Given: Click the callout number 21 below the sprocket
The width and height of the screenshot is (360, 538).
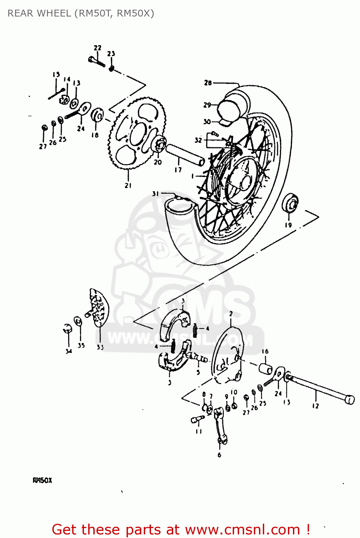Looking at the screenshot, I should click(x=128, y=185).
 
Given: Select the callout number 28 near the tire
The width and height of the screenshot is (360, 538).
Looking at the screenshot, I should click(x=208, y=83).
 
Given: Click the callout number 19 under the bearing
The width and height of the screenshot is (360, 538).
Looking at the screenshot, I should click(x=288, y=225).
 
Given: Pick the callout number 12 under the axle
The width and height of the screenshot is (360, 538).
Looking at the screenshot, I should click(x=315, y=406).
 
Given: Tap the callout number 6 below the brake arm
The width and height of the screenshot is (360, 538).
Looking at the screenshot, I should click(x=219, y=455).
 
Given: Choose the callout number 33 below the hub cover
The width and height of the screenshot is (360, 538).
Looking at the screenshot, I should click(x=100, y=347).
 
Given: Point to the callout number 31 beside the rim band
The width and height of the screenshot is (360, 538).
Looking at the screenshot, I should click(x=155, y=194).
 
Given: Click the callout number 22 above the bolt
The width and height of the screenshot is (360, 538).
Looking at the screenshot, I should click(x=98, y=48).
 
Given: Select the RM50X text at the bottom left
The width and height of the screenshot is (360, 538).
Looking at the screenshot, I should click(x=42, y=480).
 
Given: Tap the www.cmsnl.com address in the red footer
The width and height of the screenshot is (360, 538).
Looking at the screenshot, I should click(x=242, y=529).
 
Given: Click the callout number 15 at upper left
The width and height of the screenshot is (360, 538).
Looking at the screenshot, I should click(x=56, y=75).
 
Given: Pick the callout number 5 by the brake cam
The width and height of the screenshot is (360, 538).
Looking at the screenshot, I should click(x=198, y=372).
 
